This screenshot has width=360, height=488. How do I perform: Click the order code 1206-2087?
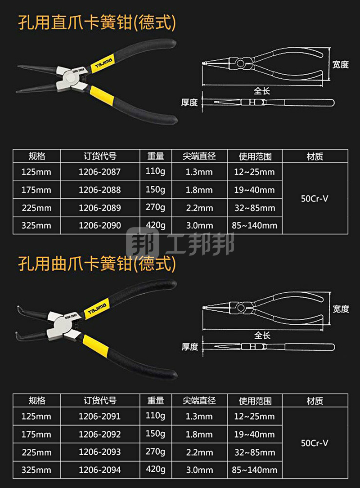click(x=99, y=172)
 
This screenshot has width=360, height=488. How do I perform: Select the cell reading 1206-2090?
click(x=99, y=225)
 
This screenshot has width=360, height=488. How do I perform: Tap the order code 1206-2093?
click(x=99, y=452)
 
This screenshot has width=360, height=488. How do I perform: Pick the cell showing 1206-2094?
click(x=99, y=470)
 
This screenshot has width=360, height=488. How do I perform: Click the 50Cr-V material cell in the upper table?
click(x=315, y=198)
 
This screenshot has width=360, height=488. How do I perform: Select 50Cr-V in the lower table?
click(x=315, y=443)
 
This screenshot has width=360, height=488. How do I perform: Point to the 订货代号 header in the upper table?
click(x=99, y=156)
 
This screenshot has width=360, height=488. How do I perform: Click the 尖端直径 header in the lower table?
click(x=199, y=401)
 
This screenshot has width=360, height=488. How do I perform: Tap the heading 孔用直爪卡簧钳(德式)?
click(x=97, y=22)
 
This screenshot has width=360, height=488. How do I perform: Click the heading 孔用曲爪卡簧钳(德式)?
click(x=97, y=264)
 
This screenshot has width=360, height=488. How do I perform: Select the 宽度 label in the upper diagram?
click(x=340, y=64)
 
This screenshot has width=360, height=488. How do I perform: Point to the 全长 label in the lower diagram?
click(x=262, y=336)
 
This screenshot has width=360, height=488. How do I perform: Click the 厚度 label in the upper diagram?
click(x=189, y=103)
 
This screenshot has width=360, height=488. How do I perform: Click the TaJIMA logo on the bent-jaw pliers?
click(x=97, y=308)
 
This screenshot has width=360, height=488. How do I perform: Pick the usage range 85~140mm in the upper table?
click(x=254, y=225)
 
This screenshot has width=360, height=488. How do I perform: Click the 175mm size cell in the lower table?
click(x=36, y=434)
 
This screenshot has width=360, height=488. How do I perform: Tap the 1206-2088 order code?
click(x=99, y=190)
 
